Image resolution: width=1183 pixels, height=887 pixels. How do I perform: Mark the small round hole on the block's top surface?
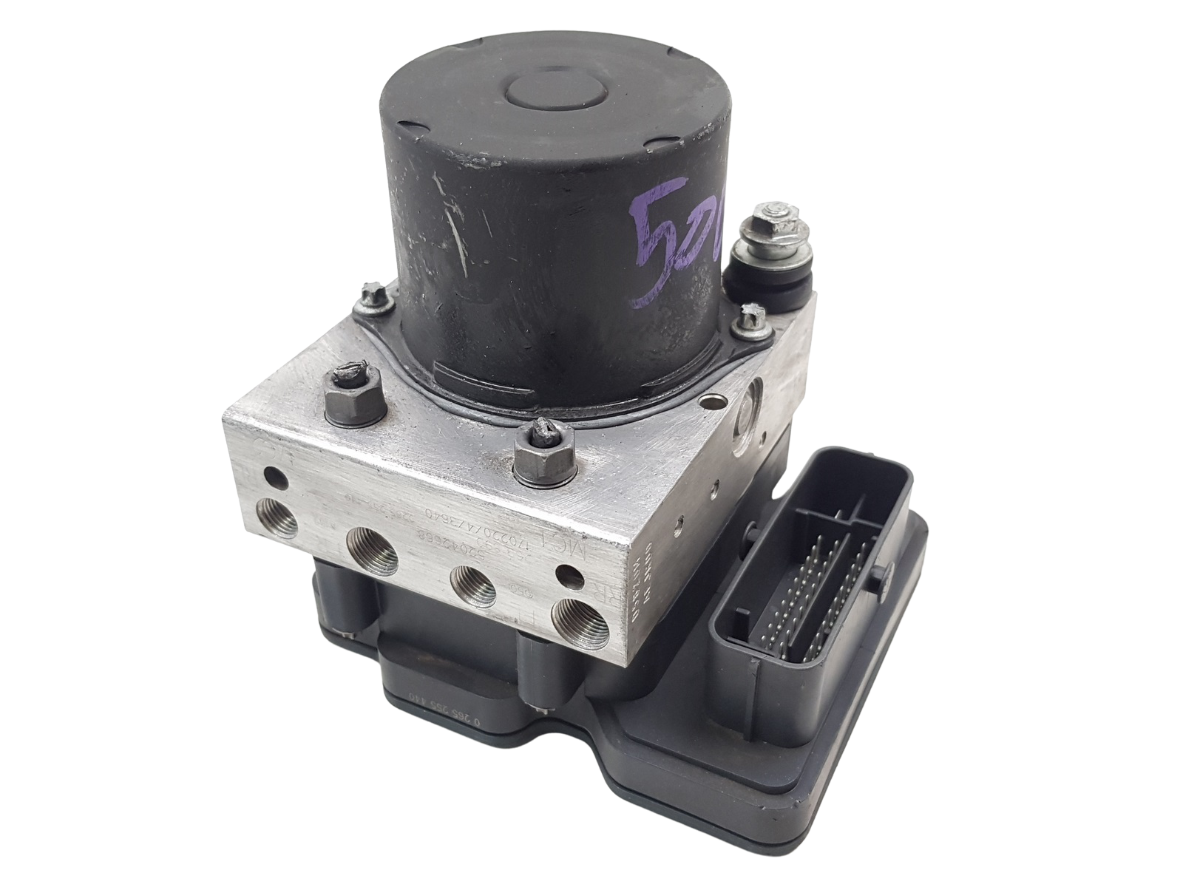[x=711, y=404]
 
